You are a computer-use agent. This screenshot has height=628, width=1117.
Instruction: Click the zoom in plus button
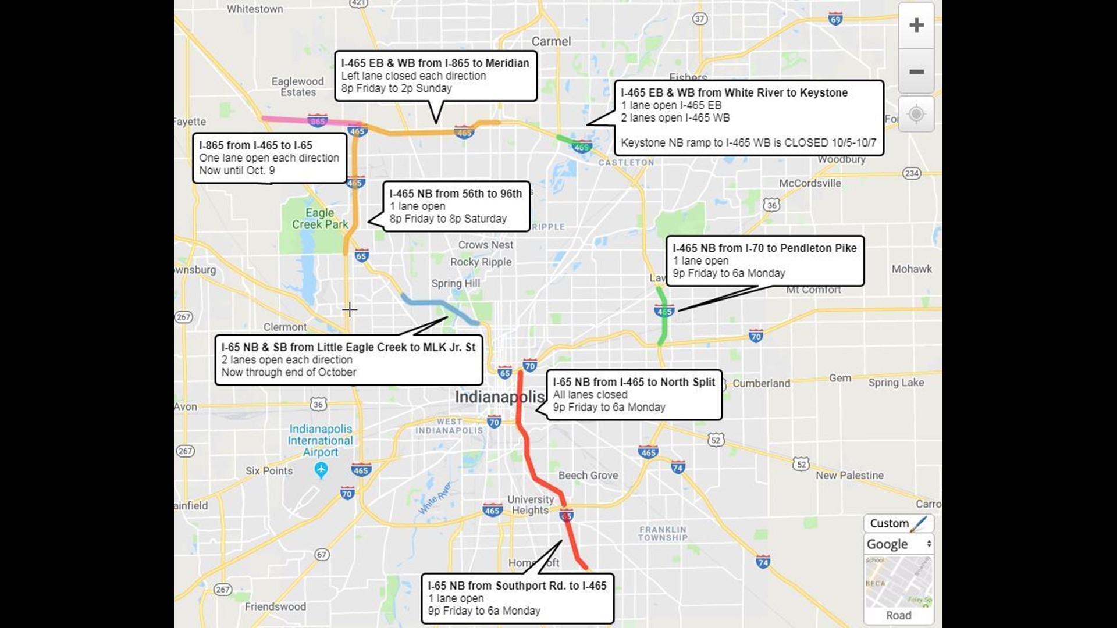pos(916,25)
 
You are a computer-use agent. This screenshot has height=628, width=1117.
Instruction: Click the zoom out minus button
pos(916,72)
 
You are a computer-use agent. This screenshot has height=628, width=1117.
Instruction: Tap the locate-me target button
pos(916,114)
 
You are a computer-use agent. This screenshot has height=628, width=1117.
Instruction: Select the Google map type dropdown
pos(898,544)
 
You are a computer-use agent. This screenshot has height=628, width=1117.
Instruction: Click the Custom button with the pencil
pos(898,523)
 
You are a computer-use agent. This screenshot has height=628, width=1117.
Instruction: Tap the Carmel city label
pos(551,41)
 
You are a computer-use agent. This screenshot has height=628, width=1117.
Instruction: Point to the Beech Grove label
pos(588,475)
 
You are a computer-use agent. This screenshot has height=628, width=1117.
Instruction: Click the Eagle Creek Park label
pos(320,219)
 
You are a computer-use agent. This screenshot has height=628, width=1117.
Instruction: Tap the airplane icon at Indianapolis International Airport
pos(321,469)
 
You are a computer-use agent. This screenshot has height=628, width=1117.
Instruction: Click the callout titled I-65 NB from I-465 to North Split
pos(634,394)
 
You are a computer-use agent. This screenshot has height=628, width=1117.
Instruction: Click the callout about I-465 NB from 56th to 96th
pos(456,206)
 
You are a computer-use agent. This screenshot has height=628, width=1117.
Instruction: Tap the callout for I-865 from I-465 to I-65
pos(269,158)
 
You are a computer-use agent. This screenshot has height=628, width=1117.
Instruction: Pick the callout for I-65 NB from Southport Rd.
pos(517,598)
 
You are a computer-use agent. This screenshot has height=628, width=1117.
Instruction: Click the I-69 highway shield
pos(835,19)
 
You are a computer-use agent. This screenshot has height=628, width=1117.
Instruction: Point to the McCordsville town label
pos(810,183)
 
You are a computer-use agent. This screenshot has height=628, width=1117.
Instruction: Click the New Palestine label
pos(849,475)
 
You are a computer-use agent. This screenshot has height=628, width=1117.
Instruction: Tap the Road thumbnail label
pos(898,615)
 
